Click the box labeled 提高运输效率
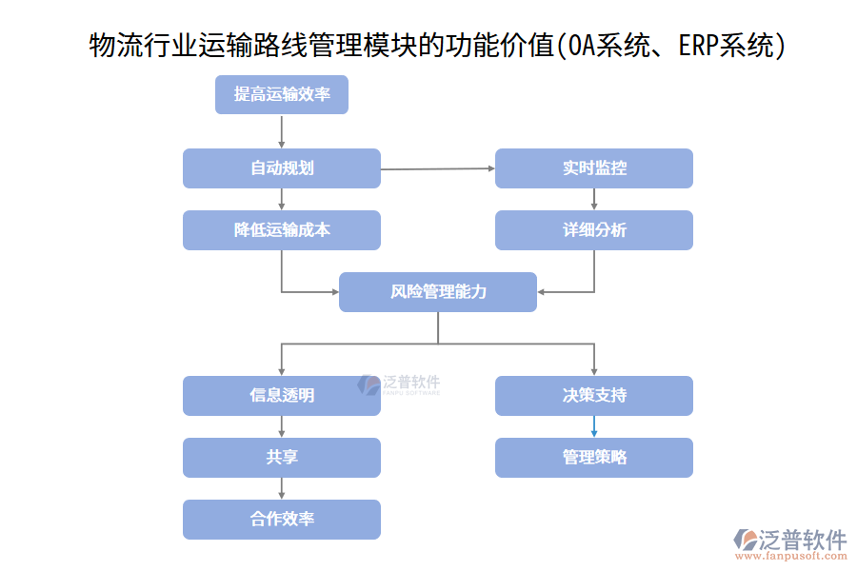click(281, 94)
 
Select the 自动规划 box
click(281, 168)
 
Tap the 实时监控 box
click(593, 168)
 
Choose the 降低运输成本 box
click(281, 230)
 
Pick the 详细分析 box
click(593, 230)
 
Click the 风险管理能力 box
click(437, 292)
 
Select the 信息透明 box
click(281, 396)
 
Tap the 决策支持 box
click(593, 396)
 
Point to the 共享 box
click(281, 458)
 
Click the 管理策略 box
click(593, 458)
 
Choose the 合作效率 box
click(281, 520)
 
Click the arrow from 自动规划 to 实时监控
click(437, 168)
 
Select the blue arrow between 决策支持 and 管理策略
click(593, 426)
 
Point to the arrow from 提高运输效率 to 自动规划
click(281, 131)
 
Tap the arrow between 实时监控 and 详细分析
click(594, 199)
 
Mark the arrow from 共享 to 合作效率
click(281, 488)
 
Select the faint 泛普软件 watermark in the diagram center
click(399, 384)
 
